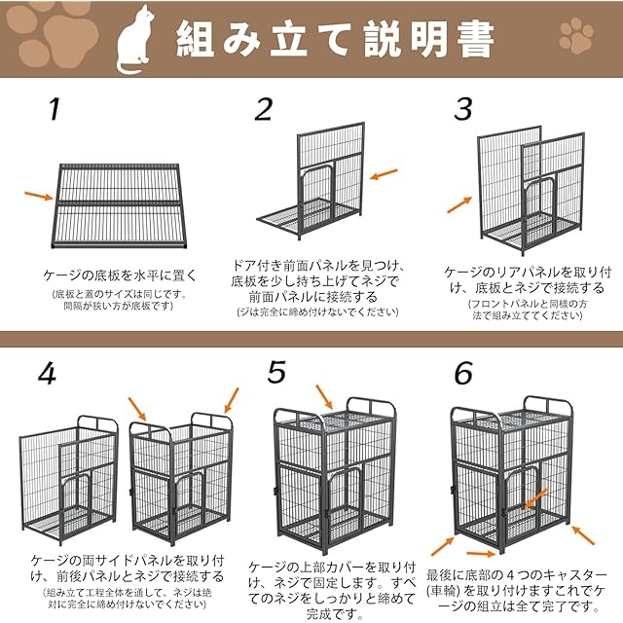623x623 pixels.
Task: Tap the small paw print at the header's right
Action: pyautogui.click(x=576, y=36)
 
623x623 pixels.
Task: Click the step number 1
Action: pyautogui.click(x=55, y=109)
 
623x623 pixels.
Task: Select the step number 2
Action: pyautogui.click(x=264, y=109)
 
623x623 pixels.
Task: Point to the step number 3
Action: pyautogui.click(x=463, y=108)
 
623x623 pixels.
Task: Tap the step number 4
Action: pyautogui.click(x=47, y=374)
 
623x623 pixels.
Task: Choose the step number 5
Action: pyautogui.click(x=276, y=372)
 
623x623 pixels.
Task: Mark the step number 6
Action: pyautogui.click(x=463, y=373)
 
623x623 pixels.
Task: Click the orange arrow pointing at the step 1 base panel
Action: pyautogui.click(x=39, y=196)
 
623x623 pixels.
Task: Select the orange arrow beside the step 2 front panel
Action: pyautogui.click(x=384, y=174)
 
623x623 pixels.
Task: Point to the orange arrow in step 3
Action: pyautogui.click(x=459, y=204)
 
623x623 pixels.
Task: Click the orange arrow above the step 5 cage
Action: pyautogui.click(x=324, y=396)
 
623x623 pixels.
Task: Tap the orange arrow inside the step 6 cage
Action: pyautogui.click(x=534, y=499)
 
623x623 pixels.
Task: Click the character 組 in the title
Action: pyautogui.click(x=195, y=39)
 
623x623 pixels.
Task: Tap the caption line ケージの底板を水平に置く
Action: pyautogui.click(x=120, y=275)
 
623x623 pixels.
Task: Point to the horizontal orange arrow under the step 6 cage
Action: pyautogui.click(x=481, y=554)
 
